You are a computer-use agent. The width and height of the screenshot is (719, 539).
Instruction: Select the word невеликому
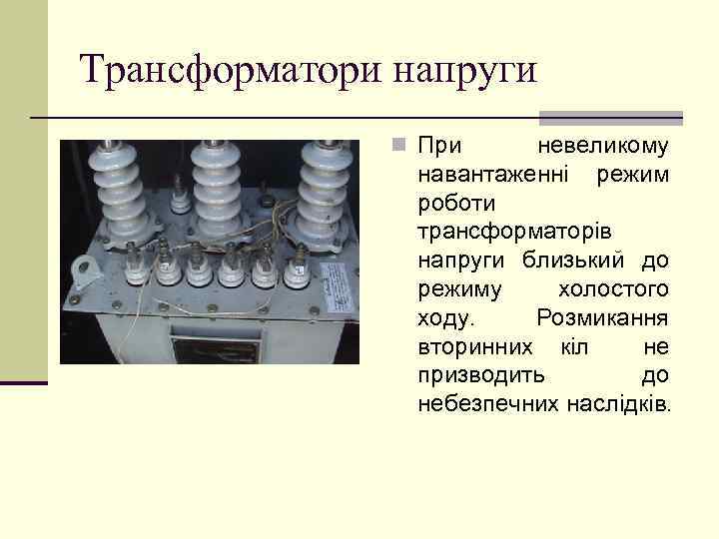(x=603, y=146)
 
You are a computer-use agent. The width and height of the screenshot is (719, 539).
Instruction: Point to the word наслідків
(x=621, y=404)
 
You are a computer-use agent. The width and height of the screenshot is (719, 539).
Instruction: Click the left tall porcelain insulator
(x=127, y=190)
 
